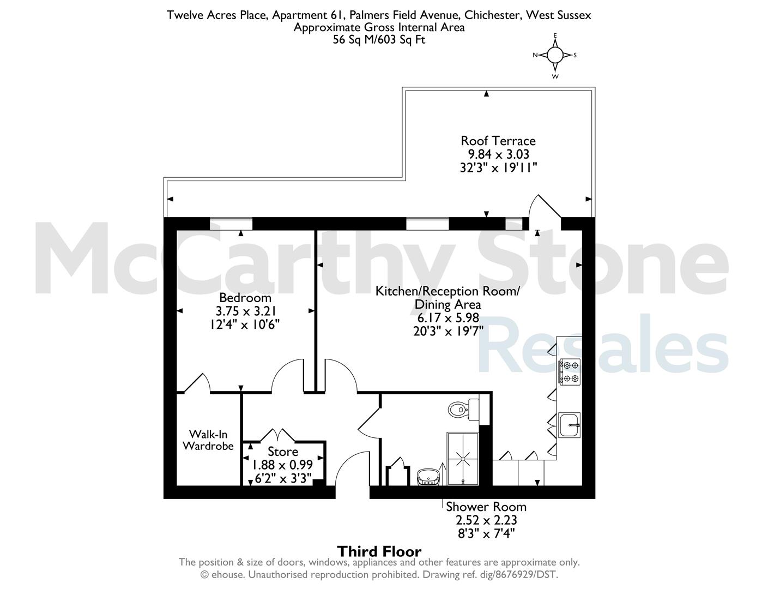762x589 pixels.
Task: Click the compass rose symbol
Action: tap(555, 55)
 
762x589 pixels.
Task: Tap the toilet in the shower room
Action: tap(464, 409)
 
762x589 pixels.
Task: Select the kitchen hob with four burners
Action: tap(570, 371)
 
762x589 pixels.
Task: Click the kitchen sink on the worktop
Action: tap(570, 425)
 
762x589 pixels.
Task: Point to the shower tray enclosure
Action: tap(463, 459)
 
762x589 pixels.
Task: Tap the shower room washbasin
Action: tap(428, 477)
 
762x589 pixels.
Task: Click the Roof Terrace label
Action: tap(498, 141)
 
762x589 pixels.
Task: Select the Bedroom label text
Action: tap(245, 298)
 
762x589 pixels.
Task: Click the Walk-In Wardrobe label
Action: tap(208, 440)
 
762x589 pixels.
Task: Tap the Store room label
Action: tap(283, 452)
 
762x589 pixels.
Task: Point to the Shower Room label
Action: tap(486, 507)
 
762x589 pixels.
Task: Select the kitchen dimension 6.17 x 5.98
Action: tap(448, 318)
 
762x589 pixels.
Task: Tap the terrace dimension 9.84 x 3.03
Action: tap(498, 154)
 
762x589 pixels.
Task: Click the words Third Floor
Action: tap(379, 552)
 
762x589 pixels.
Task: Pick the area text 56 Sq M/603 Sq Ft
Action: tap(379, 40)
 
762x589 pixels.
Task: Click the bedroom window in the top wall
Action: tap(231, 224)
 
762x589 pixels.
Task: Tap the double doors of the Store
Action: tap(277, 435)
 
